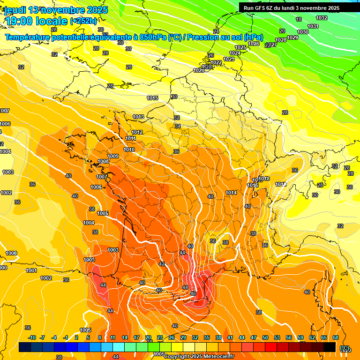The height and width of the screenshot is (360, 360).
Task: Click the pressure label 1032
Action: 322,18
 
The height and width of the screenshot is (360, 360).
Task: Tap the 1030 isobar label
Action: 303,32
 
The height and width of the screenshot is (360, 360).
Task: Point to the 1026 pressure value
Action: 254,44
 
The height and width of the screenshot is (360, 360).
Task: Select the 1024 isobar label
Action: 235,53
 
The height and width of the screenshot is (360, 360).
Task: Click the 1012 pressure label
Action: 137,132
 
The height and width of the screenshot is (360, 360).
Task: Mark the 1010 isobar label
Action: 129,150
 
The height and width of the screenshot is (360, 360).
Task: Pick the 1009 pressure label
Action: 113,156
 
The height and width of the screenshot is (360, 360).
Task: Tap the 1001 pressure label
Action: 31,270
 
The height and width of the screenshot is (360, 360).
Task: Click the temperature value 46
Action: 193,293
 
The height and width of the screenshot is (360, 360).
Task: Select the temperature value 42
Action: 162,264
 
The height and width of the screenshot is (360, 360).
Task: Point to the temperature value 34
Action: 178,126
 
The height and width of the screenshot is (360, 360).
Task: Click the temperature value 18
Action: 299,19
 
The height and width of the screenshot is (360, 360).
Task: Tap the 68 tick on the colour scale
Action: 336,337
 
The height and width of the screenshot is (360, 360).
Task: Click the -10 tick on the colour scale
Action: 32,337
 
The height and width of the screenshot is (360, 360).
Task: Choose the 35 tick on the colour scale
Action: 207,337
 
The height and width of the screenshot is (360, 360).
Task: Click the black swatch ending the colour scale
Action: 330,347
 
